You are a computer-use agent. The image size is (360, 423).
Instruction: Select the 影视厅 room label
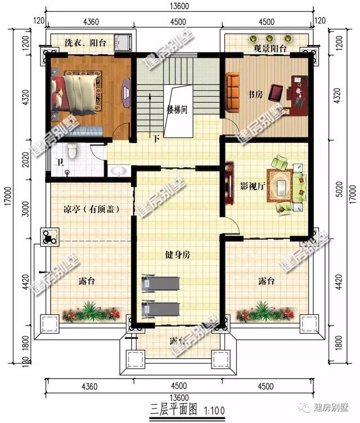click(x=251, y=185)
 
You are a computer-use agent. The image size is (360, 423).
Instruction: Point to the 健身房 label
click(x=178, y=255)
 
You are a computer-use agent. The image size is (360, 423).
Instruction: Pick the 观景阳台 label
click(x=270, y=49)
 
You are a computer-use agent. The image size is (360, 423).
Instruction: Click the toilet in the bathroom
click(x=71, y=151)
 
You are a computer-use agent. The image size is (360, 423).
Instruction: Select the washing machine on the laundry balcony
click(x=123, y=42)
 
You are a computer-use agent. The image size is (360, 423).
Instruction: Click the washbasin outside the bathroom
click(x=119, y=170)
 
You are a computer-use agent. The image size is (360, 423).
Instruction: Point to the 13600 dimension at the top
click(x=178, y=6)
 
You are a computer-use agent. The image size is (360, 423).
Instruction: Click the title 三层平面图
click(x=172, y=407)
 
